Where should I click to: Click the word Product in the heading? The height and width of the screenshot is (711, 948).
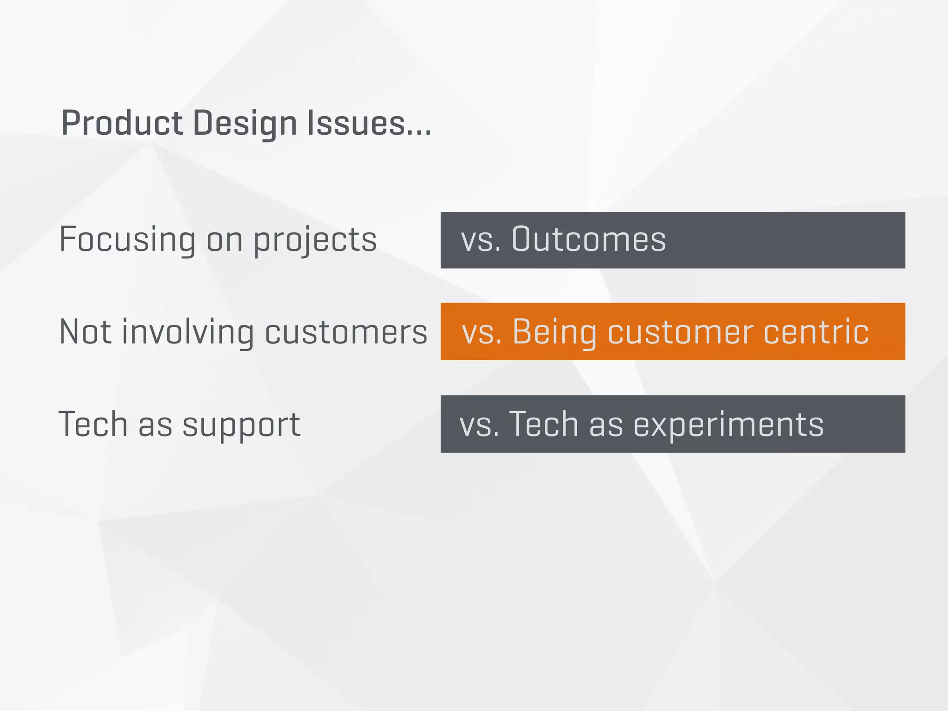[x=122, y=123]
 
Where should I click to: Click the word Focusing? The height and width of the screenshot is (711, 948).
[x=127, y=240]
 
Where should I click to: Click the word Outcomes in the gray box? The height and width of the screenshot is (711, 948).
[x=588, y=239]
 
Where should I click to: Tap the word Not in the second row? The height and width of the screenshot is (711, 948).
[x=85, y=332]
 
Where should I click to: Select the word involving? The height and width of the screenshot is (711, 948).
[x=187, y=332]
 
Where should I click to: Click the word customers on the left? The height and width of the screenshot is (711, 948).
[x=346, y=332]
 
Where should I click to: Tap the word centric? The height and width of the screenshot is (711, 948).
[x=816, y=332]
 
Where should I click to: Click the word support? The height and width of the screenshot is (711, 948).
[x=241, y=425]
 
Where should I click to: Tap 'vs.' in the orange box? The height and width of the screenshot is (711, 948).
[x=482, y=332]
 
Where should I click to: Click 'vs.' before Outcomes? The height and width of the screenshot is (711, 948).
[x=480, y=240]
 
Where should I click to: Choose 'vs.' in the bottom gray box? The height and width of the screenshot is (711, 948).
[x=479, y=424]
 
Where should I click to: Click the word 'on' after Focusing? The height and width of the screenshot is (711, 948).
[x=225, y=240]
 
